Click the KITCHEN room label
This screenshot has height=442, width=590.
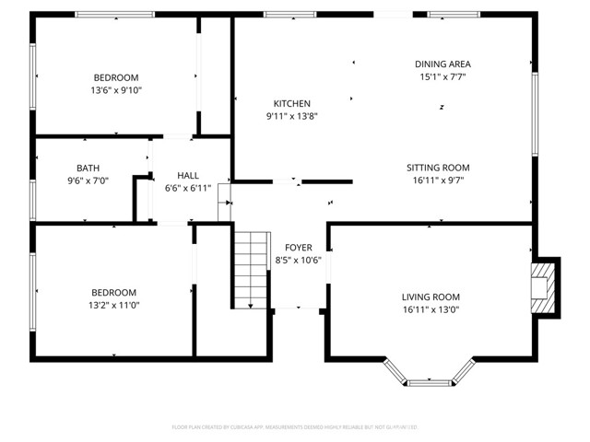pos(291,104)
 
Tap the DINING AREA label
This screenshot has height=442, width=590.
pos(442,64)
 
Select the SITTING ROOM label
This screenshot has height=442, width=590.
pos(438,168)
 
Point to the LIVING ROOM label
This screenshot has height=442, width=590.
pos(431,297)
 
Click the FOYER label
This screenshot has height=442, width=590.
pos(298,248)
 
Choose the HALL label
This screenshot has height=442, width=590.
pos(188,175)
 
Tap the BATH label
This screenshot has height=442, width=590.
pos(88,168)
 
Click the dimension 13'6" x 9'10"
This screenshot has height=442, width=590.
pos(116,90)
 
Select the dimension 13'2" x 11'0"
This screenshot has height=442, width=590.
pos(113,305)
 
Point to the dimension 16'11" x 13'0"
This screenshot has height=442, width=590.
pos(431,310)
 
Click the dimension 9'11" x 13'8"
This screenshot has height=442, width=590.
pos(291,117)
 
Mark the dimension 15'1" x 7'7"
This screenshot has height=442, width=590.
pos(442,77)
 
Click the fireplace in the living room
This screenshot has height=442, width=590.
pos(543,286)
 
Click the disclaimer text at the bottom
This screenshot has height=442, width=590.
pos(295,427)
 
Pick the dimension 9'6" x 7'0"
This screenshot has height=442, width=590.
pos(88,180)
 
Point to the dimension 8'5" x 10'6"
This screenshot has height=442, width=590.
pos(298,261)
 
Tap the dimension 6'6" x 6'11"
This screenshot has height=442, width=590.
pos(188,188)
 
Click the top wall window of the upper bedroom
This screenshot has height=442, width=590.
pos(114,14)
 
